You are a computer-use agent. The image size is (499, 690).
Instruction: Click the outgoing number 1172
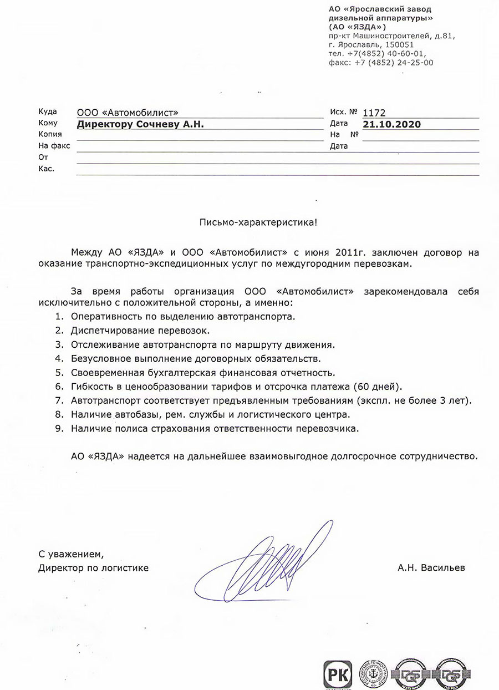point(374,113)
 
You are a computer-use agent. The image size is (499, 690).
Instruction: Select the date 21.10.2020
point(391,124)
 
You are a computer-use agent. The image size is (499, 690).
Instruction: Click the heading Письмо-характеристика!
point(259,222)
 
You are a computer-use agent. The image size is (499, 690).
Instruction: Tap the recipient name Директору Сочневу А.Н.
point(140,124)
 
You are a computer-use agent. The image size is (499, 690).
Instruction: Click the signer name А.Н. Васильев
point(431,568)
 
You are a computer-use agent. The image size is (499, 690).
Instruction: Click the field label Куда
point(47,111)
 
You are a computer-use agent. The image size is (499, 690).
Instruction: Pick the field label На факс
point(54,146)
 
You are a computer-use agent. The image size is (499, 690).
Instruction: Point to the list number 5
point(58,372)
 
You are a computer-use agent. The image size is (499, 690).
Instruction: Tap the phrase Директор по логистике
point(93,568)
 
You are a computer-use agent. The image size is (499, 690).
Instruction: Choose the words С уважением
point(71,554)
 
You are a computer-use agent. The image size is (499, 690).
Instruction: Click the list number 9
point(58,429)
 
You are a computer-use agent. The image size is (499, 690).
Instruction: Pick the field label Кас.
point(46,169)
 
